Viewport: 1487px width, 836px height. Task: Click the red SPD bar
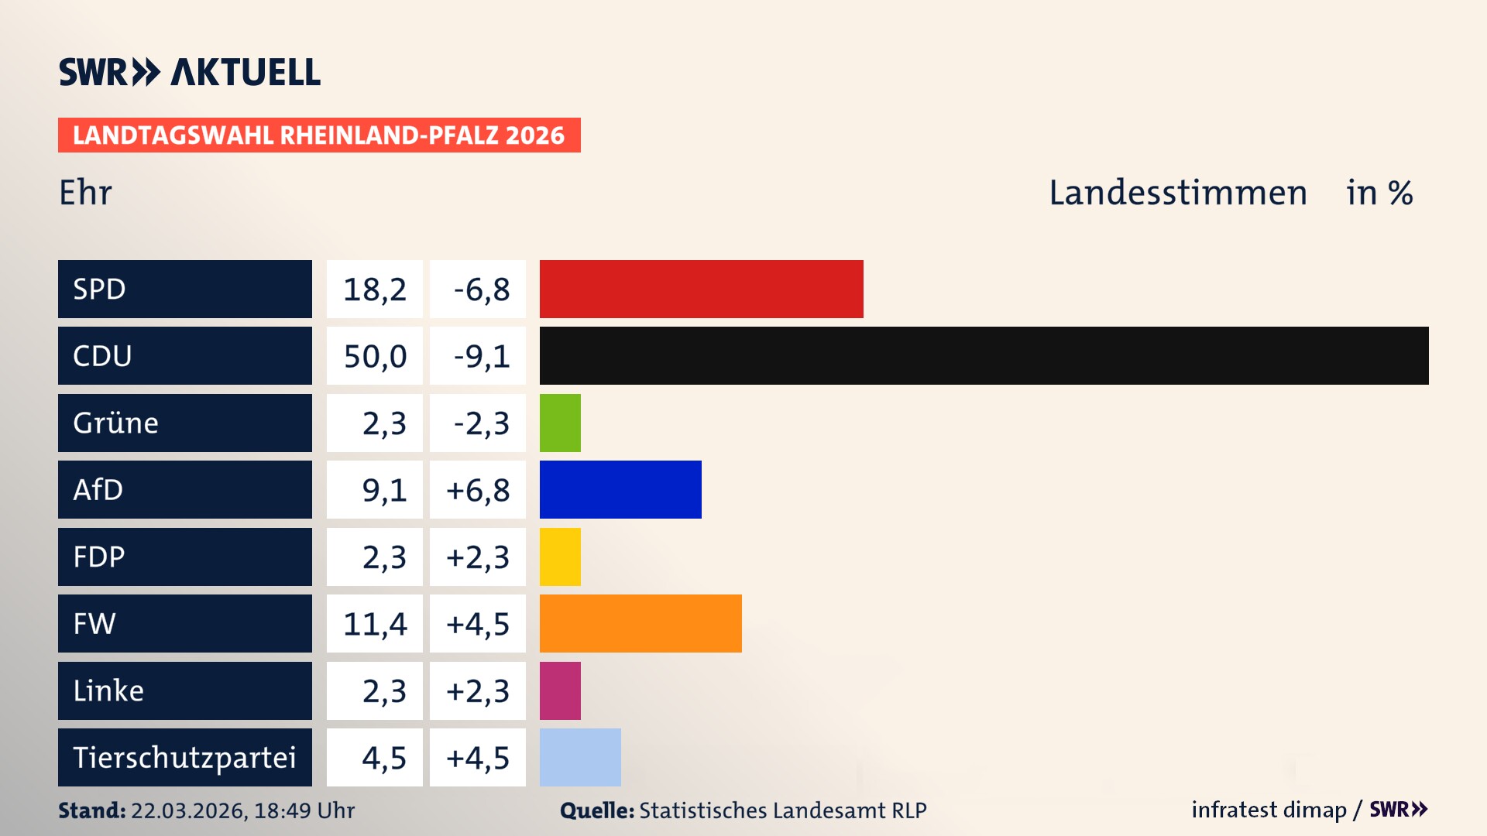pos(701,289)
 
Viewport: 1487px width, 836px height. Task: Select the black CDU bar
pos(984,355)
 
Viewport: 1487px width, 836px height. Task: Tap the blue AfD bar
pos(620,489)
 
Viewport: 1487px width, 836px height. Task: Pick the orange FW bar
pos(640,623)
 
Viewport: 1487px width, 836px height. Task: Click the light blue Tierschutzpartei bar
pos(580,757)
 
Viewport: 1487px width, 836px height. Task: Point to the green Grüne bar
pos(560,423)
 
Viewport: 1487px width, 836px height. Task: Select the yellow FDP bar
pos(560,557)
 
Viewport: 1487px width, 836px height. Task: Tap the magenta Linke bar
pos(560,690)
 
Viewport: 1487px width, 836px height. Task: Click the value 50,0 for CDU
pos(375,356)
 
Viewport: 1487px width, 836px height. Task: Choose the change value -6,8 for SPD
pos(481,290)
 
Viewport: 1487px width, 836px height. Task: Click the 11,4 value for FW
pos(375,624)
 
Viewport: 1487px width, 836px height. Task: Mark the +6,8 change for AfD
pos(478,490)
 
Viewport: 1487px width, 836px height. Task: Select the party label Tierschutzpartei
pos(184,757)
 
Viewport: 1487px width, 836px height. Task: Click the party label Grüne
pos(116,423)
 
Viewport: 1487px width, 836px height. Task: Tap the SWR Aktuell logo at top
pos(190,72)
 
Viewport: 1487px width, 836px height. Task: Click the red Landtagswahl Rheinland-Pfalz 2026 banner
pos(319,135)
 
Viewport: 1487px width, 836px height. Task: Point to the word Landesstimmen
pos(1177,193)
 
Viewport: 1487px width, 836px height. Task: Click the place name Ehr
pos(86,193)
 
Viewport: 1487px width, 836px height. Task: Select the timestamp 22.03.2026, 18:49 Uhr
pos(242,810)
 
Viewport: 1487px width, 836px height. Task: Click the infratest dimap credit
pos(1269,810)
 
